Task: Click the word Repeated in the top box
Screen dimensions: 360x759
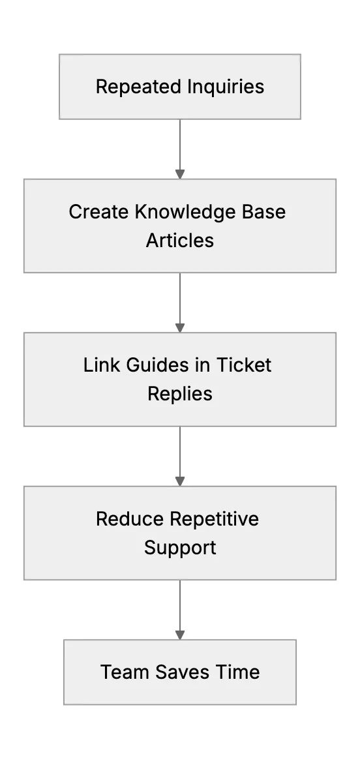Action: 139,87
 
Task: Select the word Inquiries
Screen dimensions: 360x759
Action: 226,87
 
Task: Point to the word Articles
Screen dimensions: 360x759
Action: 180,240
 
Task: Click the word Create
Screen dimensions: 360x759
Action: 99,212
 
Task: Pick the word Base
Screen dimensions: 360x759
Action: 265,212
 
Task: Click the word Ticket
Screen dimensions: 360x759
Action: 243,365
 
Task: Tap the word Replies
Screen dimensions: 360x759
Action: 180,394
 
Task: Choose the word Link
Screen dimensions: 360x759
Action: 102,365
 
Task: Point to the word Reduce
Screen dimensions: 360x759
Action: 130,519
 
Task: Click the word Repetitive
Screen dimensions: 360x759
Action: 215,520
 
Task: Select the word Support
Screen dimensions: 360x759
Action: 180,548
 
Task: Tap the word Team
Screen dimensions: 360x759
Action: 125,672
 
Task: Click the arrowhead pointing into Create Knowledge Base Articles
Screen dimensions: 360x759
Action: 180,174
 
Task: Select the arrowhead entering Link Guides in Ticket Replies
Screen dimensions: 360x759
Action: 180,328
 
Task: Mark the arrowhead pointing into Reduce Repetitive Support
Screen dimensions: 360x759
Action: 180,481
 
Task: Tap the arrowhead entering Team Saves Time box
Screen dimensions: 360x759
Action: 180,634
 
